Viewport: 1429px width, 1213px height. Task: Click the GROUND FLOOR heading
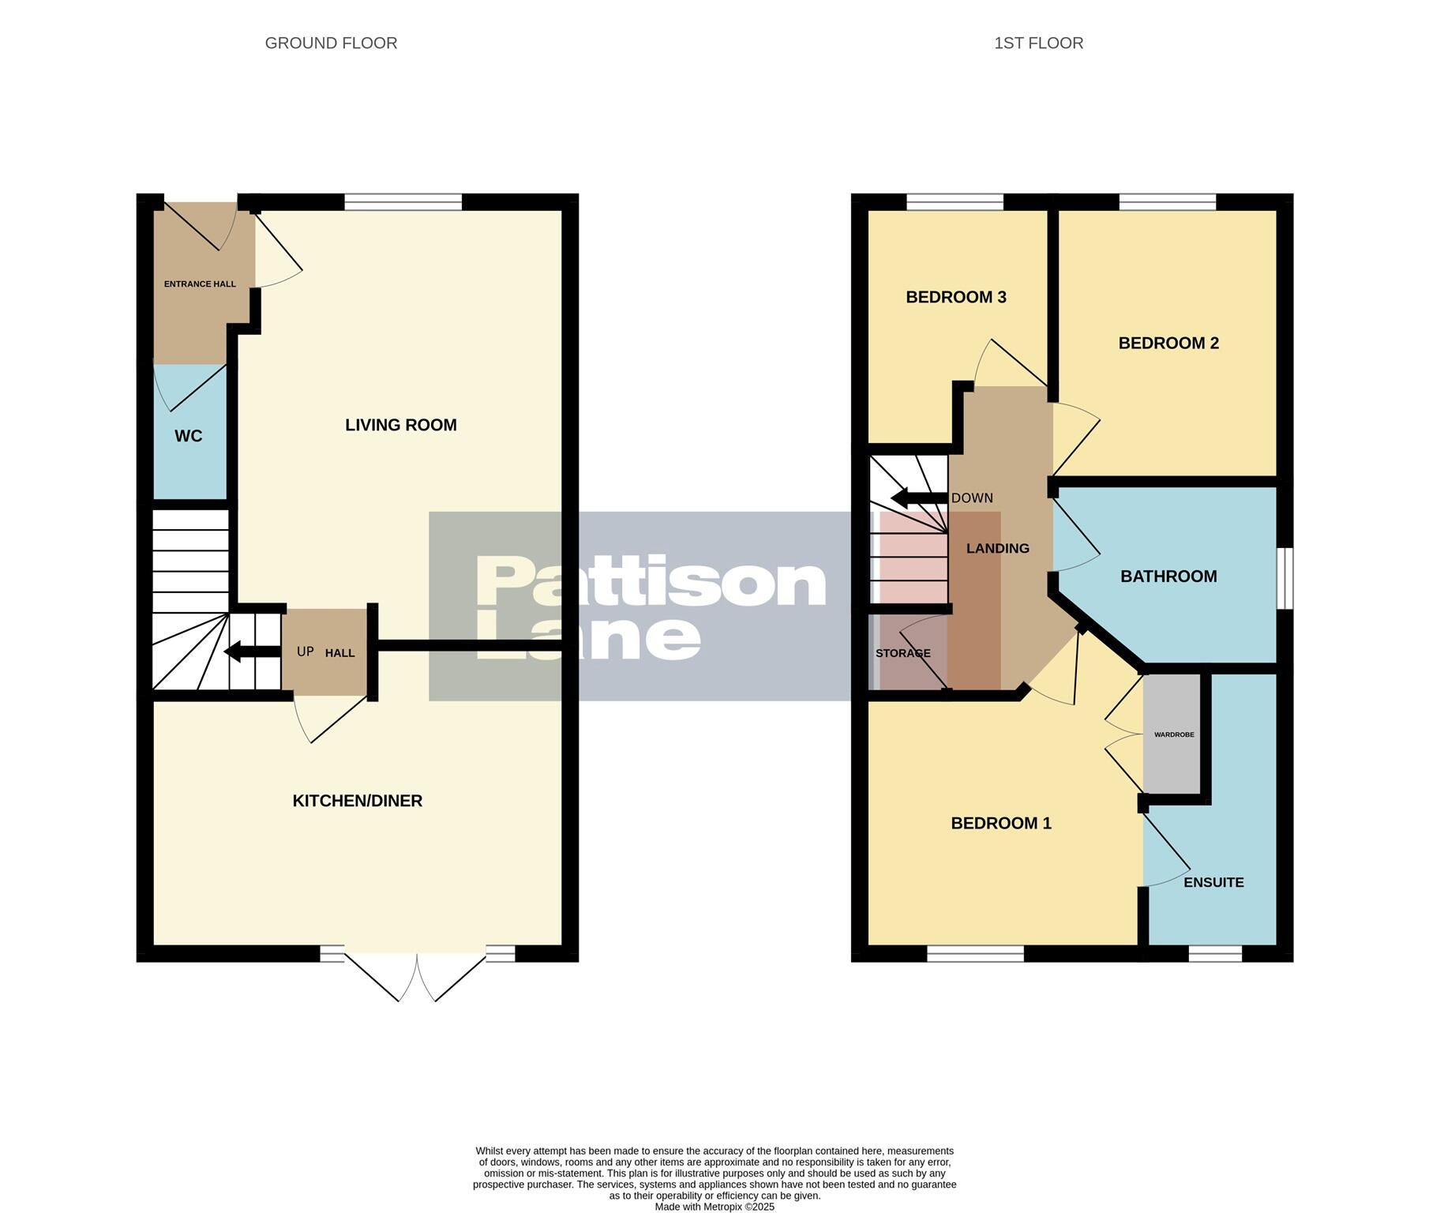click(331, 43)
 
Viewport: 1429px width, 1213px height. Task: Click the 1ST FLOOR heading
click(1038, 43)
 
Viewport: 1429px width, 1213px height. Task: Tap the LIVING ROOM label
click(400, 425)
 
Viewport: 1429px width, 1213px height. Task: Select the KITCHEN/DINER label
click(357, 801)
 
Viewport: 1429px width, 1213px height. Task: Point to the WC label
click(188, 436)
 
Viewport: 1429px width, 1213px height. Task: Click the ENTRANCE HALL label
click(200, 284)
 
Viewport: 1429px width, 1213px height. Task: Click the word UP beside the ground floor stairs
click(305, 652)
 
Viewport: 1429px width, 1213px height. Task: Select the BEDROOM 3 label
click(955, 298)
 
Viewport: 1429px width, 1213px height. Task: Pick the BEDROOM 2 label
click(1168, 343)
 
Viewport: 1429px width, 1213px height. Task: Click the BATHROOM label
click(1168, 576)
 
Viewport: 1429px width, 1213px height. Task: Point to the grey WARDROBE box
click(1172, 735)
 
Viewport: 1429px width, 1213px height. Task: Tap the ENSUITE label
click(1213, 882)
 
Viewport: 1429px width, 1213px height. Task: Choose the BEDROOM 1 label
click(1000, 824)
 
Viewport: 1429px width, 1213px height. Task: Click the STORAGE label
click(902, 654)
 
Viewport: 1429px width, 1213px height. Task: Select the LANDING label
click(997, 548)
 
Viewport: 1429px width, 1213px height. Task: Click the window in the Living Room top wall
click(403, 203)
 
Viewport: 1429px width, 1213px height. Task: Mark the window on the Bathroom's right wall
click(1285, 579)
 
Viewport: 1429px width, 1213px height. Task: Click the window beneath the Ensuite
click(1214, 954)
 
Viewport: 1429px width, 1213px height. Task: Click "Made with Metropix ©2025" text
click(714, 1207)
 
